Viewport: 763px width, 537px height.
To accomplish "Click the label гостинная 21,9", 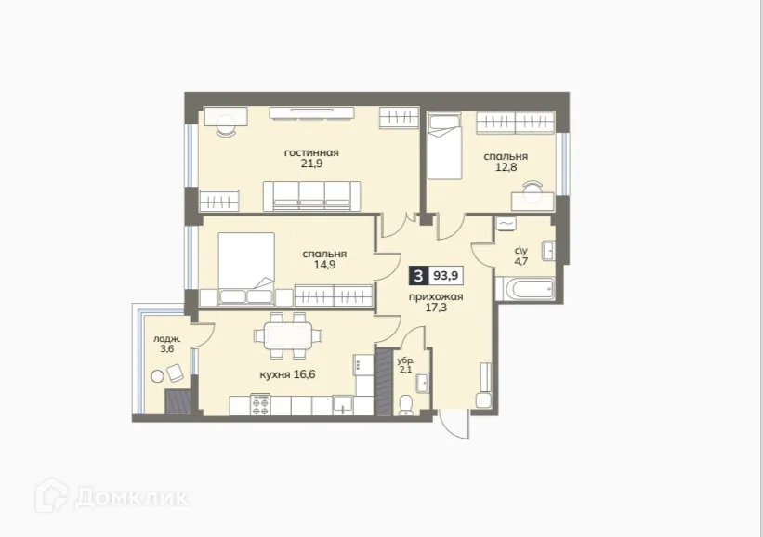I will (x=311, y=159).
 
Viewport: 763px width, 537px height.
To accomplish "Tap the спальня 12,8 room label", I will (x=505, y=163).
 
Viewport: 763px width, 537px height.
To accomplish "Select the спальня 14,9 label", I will (x=324, y=259).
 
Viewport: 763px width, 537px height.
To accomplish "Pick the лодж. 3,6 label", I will (x=165, y=345).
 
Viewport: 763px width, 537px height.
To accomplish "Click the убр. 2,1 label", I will (x=405, y=364).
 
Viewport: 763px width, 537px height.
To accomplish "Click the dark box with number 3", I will (x=419, y=275).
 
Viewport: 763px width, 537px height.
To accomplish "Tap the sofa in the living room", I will (x=312, y=196).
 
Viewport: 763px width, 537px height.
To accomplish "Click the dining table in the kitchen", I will (x=287, y=335).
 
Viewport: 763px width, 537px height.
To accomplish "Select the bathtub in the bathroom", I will (x=526, y=288).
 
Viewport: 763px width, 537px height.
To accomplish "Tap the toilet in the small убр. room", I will (x=405, y=403).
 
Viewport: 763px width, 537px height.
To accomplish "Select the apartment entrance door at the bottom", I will (x=455, y=424).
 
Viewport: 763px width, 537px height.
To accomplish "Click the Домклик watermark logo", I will (x=112, y=496).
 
